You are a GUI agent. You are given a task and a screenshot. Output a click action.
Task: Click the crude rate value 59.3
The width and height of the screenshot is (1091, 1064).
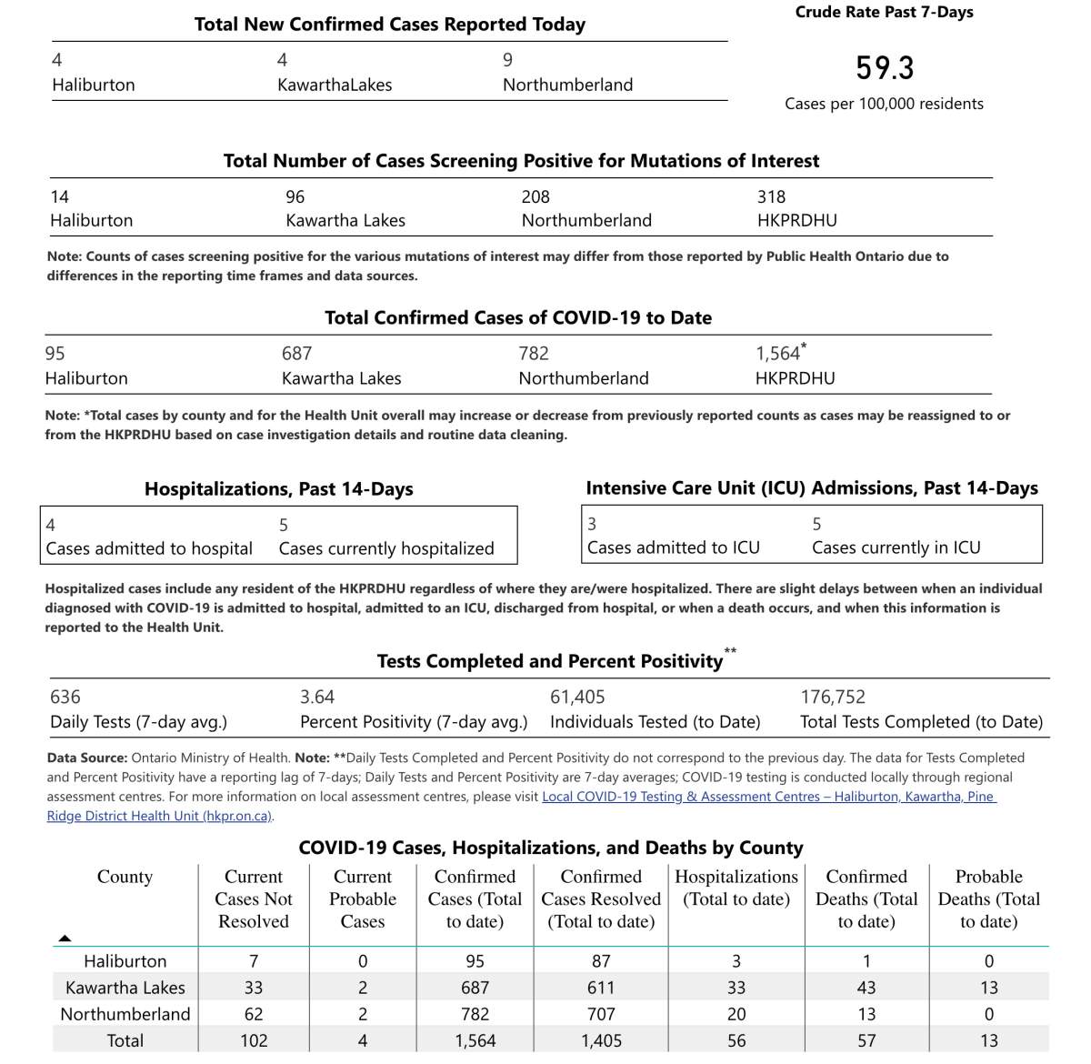(x=885, y=68)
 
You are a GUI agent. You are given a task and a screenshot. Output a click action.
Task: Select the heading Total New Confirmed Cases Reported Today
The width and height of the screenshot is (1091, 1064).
(x=389, y=25)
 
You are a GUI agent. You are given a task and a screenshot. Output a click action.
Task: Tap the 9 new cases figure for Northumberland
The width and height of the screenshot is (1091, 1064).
(x=507, y=60)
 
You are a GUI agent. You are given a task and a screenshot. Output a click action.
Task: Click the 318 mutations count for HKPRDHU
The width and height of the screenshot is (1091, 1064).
(x=771, y=196)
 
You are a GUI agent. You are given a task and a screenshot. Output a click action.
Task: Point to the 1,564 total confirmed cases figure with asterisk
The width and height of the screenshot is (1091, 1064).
(x=779, y=353)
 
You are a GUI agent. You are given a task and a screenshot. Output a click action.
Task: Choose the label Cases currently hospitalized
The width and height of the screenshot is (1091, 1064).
(x=386, y=548)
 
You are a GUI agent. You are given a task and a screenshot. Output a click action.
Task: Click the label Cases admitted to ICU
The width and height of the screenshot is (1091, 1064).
(x=673, y=547)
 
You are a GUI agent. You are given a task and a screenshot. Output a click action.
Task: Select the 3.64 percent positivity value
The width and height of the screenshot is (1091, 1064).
(x=317, y=697)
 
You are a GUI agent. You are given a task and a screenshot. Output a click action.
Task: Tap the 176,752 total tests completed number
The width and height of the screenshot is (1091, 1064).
(x=833, y=697)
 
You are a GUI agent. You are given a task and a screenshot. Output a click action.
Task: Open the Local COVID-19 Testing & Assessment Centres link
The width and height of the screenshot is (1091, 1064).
(x=768, y=797)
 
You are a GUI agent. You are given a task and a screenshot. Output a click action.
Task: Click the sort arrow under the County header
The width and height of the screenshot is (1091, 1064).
(x=65, y=938)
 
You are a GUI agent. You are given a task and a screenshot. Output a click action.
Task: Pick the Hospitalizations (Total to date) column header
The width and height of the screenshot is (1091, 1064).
(x=736, y=888)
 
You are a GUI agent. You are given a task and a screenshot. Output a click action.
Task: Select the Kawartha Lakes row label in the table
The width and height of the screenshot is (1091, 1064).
(x=125, y=988)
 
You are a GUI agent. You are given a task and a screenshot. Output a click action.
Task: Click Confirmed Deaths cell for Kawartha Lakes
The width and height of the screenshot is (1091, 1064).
(x=866, y=988)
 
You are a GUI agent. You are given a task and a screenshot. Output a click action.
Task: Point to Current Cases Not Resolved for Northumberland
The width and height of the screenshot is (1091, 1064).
(x=254, y=1014)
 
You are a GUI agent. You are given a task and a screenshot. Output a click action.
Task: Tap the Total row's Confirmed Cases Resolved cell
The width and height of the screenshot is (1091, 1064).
(x=601, y=1040)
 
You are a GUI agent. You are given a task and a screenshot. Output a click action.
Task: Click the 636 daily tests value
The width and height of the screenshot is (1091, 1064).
(x=65, y=697)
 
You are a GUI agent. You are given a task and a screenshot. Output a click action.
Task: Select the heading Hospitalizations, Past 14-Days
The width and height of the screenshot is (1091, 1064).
(x=278, y=489)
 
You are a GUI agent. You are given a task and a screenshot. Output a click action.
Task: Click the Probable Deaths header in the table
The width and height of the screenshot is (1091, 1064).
(x=988, y=898)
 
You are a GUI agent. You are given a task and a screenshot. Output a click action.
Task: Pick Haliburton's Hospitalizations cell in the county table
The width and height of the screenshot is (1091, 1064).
(x=736, y=961)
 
